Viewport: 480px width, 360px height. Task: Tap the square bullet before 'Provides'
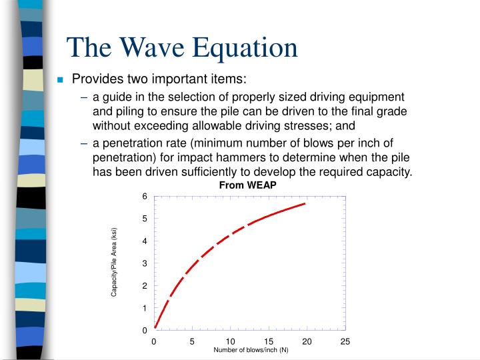[61, 80]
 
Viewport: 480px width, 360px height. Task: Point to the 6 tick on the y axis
[144, 196]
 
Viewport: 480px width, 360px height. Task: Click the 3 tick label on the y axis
[144, 263]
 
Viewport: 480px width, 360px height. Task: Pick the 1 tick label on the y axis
[144, 308]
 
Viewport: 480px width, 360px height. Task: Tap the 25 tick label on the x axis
[345, 341]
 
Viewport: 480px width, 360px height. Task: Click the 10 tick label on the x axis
[230, 341]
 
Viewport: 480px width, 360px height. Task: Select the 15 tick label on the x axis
[268, 341]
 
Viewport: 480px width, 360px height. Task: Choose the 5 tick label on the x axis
[192, 341]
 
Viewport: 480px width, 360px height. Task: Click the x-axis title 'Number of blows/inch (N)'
[251, 350]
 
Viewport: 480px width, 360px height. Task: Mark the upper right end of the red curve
[305, 203]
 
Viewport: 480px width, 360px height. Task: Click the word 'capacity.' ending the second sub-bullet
[387, 172]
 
